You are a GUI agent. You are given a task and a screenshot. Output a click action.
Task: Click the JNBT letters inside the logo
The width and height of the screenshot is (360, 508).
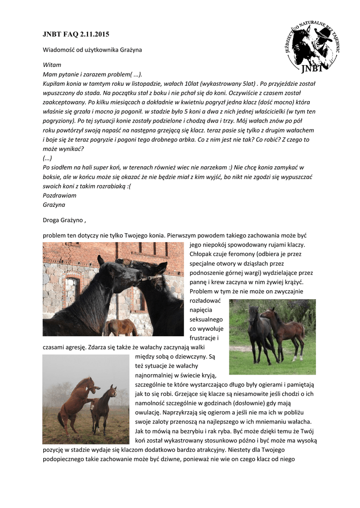(312, 68)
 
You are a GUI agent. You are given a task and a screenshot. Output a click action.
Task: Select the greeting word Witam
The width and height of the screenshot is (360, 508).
(52, 65)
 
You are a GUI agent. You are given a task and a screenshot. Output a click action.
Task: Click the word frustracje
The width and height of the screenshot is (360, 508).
(204, 338)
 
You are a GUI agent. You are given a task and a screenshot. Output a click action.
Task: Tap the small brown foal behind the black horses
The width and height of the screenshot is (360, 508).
(120, 327)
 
